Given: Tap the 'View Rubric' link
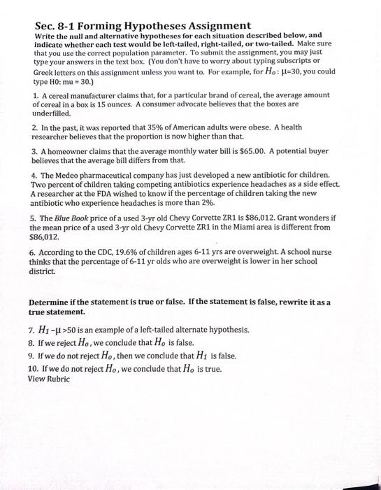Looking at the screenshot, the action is coord(48,379).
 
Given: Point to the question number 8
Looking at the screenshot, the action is coord(31,342).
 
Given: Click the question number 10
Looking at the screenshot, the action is coord(32,368).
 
